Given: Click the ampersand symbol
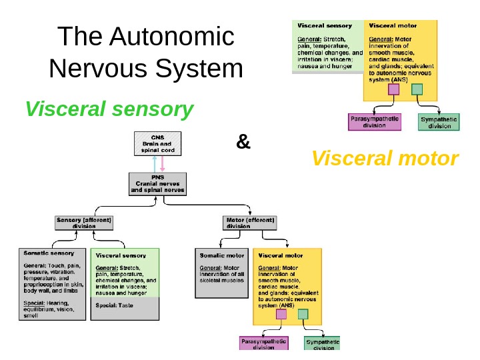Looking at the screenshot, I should tap(243, 141).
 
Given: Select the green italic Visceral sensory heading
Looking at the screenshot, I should tap(109, 109).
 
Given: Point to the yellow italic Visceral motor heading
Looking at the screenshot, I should tap(385, 159).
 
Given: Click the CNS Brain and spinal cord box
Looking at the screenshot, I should tap(158, 144).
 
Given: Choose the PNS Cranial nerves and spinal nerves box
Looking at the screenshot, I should tap(158, 184).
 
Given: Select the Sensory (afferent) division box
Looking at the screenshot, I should tap(84, 223).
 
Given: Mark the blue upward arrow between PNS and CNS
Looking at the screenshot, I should tap(154, 164).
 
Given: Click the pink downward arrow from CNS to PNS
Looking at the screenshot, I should tap(162, 164).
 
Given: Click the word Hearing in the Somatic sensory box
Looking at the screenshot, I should tap(61, 303).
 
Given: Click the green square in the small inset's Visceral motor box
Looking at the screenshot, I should tap(417, 89).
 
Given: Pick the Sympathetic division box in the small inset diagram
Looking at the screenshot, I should tap(439, 122).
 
